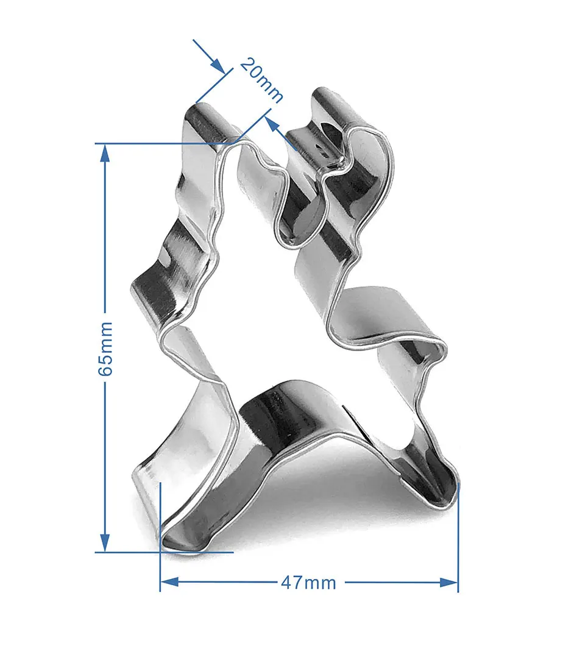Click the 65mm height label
[x=105, y=349]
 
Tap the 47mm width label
[x=308, y=583]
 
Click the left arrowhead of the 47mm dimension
[x=170, y=582]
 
